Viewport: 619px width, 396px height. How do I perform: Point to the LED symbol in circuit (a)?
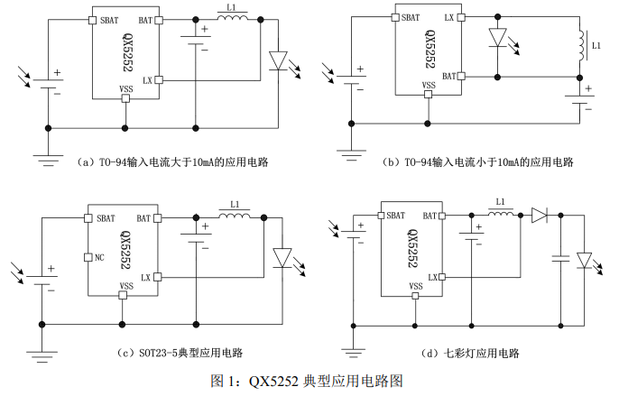(278, 60)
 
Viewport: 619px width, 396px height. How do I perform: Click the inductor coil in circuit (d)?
(501, 214)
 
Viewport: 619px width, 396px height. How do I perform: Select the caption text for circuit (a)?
(171, 162)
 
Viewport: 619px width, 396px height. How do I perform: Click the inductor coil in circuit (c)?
(234, 216)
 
